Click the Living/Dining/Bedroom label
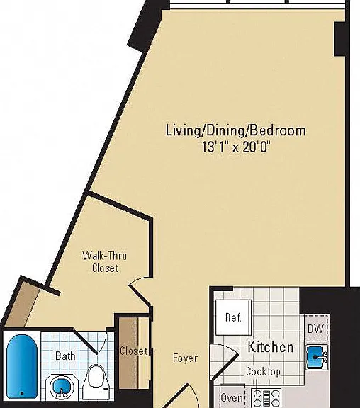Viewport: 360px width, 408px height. click(x=236, y=130)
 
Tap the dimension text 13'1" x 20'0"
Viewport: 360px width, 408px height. click(x=235, y=147)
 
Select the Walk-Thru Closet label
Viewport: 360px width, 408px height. click(x=105, y=262)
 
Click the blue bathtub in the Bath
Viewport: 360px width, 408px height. click(x=22, y=366)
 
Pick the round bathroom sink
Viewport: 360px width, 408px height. click(x=60, y=387)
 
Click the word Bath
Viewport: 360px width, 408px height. click(x=65, y=356)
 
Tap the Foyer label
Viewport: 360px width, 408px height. click(x=185, y=358)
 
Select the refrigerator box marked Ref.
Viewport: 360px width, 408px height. click(x=233, y=318)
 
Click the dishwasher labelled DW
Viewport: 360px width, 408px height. click(x=316, y=329)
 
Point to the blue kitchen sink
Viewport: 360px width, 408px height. click(x=316, y=357)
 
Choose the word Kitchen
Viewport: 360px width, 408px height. click(x=271, y=347)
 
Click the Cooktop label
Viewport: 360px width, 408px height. click(x=263, y=372)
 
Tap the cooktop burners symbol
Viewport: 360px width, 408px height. click(x=266, y=398)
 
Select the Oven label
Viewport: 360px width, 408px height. click(x=232, y=398)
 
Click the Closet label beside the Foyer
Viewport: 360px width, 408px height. click(x=133, y=351)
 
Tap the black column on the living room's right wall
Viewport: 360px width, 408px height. click(x=339, y=39)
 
